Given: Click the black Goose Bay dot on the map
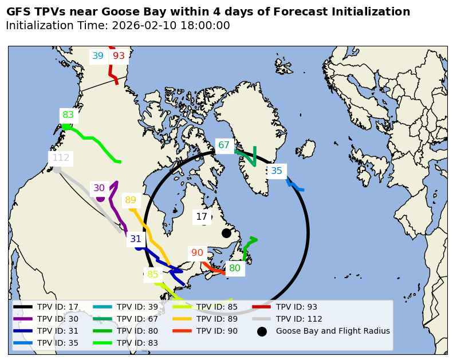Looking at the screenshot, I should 226,233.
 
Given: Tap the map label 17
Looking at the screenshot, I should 202,217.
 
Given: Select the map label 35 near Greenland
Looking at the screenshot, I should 277,171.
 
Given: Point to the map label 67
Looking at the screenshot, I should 224,145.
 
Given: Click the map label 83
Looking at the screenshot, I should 68,114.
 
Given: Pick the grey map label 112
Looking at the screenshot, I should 61,158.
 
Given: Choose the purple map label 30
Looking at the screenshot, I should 99,188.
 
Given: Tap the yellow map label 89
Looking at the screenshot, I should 131,200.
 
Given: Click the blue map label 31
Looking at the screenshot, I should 136,239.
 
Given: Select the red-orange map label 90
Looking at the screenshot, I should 197,253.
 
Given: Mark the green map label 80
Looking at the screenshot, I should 235,268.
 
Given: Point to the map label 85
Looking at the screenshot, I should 153,275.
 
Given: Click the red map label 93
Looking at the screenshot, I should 119,56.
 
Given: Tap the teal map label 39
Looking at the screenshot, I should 98,56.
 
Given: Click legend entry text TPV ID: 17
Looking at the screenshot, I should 58,307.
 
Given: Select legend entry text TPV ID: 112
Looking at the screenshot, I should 299,319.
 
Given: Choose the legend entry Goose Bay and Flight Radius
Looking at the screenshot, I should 333,331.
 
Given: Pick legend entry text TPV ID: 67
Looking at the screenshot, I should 137,319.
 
